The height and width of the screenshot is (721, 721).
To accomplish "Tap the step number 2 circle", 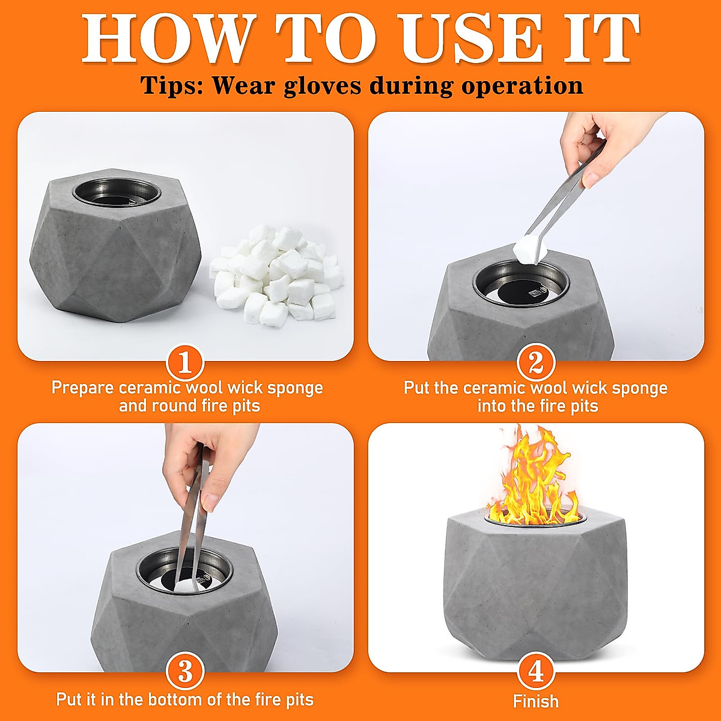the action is pos(536,362).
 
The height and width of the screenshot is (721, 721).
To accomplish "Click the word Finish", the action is pos(536,701).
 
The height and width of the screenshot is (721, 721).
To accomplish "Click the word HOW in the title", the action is pos(169,38).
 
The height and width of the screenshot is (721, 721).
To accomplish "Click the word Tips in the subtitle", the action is pos(172,87).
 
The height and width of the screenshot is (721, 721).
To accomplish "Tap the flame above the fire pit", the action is pos(532,477).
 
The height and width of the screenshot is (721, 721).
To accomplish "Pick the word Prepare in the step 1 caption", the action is pos(83,388).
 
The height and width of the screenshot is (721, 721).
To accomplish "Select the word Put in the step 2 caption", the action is pos(418,388).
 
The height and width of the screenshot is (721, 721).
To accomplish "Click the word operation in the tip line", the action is pos(522,87).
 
